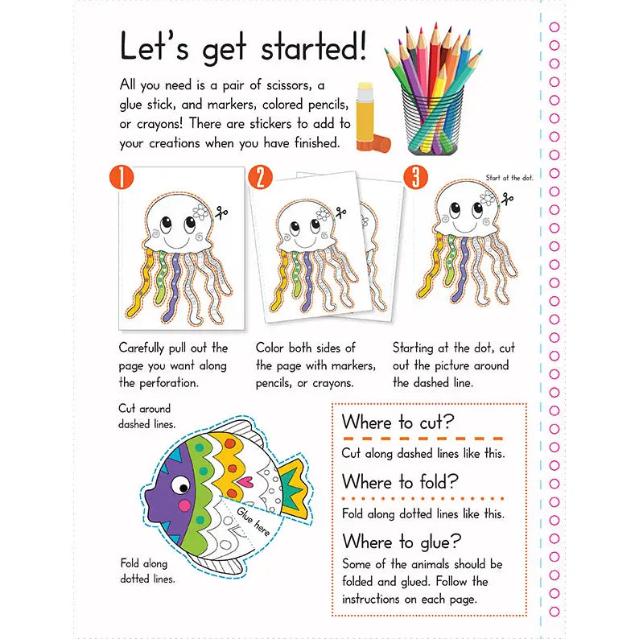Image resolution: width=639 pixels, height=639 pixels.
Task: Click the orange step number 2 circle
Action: point(259,177)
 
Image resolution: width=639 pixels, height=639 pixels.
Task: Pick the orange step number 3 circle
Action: point(415,177)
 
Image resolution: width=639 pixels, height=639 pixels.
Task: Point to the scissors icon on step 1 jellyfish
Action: point(221,213)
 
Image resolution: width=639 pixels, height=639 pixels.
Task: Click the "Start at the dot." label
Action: point(509,177)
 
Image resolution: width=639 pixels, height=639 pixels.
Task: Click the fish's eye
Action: point(181,486)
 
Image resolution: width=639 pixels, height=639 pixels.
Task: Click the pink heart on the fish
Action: point(245,482)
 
